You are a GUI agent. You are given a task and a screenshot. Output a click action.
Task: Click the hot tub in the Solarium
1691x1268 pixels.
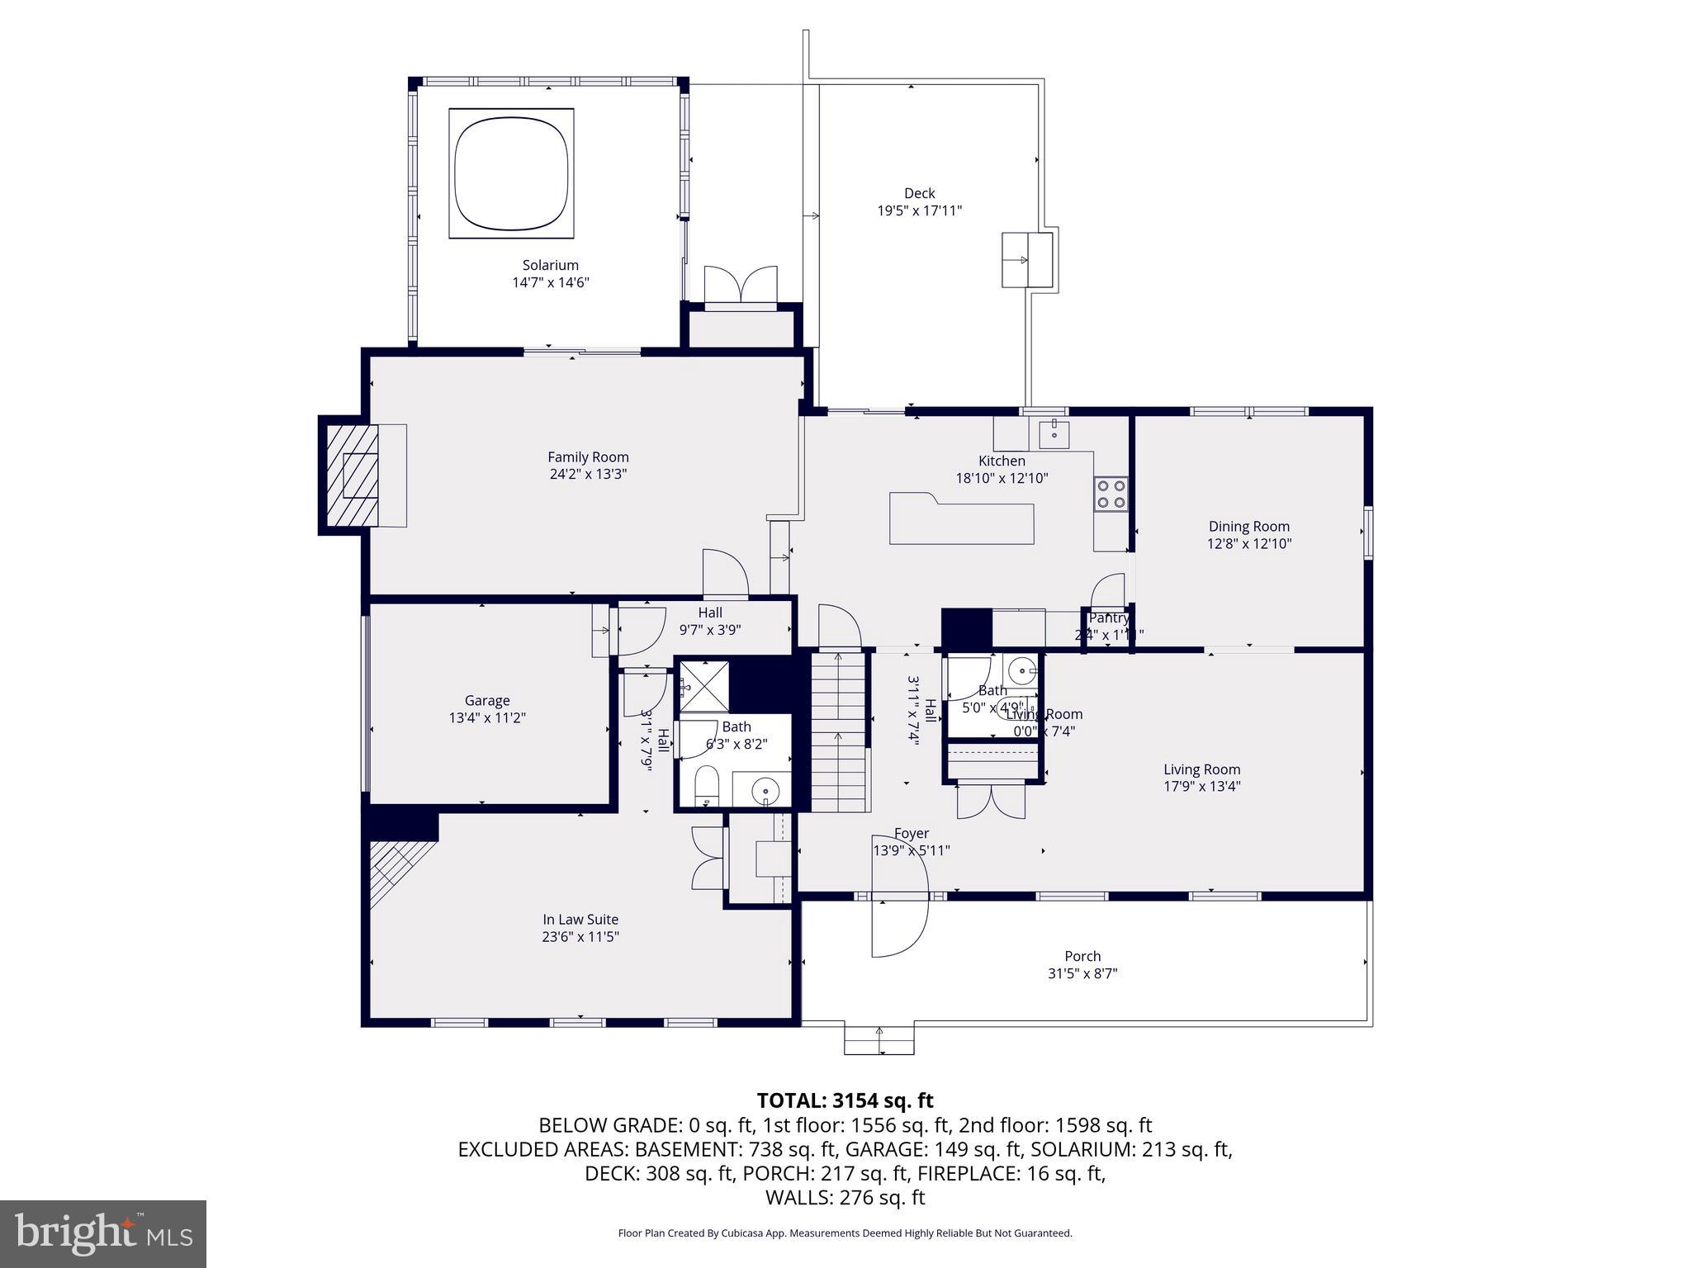(511, 173)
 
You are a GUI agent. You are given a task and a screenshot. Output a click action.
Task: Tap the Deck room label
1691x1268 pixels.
(919, 193)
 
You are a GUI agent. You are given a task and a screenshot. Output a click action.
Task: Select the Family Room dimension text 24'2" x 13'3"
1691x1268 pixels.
(588, 475)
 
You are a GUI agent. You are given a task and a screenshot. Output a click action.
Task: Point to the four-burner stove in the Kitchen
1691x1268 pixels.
(1111, 494)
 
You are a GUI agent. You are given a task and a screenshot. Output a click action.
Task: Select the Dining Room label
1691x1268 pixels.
(1248, 527)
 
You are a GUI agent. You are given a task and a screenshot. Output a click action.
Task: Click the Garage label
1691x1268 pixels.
(486, 700)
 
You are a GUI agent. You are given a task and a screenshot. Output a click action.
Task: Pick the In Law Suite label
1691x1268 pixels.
(580, 920)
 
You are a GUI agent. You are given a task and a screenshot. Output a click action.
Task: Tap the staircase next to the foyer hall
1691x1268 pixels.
(840, 731)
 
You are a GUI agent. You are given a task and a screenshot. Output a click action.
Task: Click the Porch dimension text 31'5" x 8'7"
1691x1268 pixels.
(1082, 974)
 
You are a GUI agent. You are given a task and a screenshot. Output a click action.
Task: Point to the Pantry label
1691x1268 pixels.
(1108, 617)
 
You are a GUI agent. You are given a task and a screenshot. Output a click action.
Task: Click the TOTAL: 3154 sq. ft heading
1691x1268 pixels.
(845, 1100)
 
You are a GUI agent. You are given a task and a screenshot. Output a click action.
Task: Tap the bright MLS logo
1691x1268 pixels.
(103, 1234)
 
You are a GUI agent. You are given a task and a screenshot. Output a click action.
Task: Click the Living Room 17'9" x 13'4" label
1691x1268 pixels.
(1201, 778)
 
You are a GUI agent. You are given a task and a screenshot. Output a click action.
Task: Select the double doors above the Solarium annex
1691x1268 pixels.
(741, 286)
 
